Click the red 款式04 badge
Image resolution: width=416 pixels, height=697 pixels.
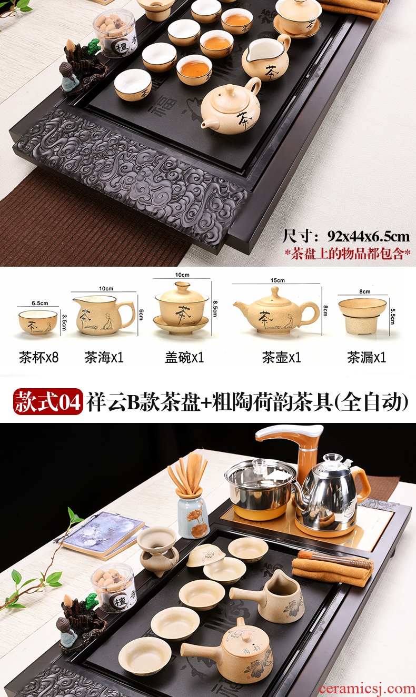(48, 401)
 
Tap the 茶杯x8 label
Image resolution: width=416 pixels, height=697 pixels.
(39, 358)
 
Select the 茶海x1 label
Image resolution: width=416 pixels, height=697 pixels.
(104, 358)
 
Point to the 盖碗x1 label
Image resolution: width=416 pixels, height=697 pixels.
(184, 358)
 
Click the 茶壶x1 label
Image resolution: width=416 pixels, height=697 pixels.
(282, 358)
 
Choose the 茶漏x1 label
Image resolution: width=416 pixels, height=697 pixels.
(367, 358)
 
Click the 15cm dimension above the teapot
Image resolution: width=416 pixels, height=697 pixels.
(278, 280)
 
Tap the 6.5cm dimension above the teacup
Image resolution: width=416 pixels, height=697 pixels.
(40, 303)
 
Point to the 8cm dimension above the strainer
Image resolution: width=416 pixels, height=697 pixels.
(364, 291)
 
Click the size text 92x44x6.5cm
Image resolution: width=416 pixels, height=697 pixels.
(369, 237)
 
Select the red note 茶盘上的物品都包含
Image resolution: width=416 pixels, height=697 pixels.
(348, 254)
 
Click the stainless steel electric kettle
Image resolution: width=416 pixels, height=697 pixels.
(330, 488)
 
